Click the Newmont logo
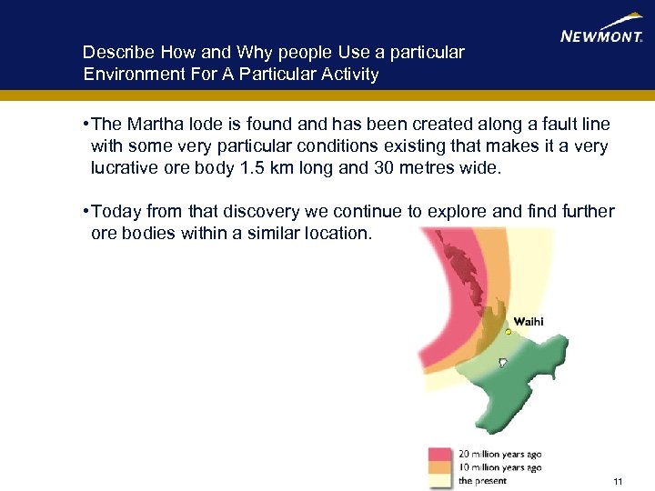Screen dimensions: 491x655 coord(601,32)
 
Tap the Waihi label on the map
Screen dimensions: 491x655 coord(529,321)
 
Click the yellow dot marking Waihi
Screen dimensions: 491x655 coord(509,333)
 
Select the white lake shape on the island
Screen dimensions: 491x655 coord(502,363)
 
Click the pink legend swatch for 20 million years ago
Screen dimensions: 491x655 coord(441,454)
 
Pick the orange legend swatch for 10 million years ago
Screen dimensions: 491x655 coord(441,467)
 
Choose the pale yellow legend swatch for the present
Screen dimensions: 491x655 coord(441,480)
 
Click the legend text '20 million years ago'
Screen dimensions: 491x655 coord(499,454)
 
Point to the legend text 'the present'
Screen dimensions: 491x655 coord(482,480)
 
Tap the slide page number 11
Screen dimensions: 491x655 coord(618,481)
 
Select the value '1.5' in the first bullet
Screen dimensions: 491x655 coord(247,167)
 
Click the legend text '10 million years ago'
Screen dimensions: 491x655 coord(499,467)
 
